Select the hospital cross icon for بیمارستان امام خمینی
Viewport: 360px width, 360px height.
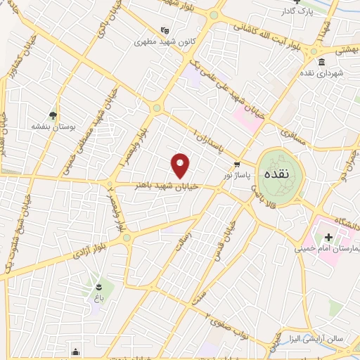(x=328, y=238)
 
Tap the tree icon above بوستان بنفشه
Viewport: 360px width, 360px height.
(x=53, y=115)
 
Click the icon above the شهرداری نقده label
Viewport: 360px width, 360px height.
(x=321, y=62)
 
